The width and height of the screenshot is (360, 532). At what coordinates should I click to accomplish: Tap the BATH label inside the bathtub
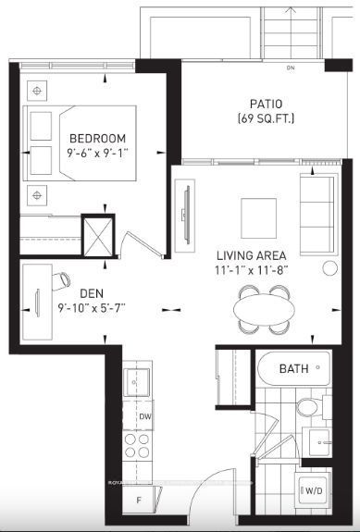(x=294, y=369)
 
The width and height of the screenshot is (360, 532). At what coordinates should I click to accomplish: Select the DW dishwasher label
(x=144, y=417)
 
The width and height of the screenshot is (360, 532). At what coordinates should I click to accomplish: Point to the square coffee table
(x=258, y=217)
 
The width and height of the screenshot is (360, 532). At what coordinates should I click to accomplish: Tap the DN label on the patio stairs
(x=290, y=68)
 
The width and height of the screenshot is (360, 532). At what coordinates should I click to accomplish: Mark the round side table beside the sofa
(x=329, y=268)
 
